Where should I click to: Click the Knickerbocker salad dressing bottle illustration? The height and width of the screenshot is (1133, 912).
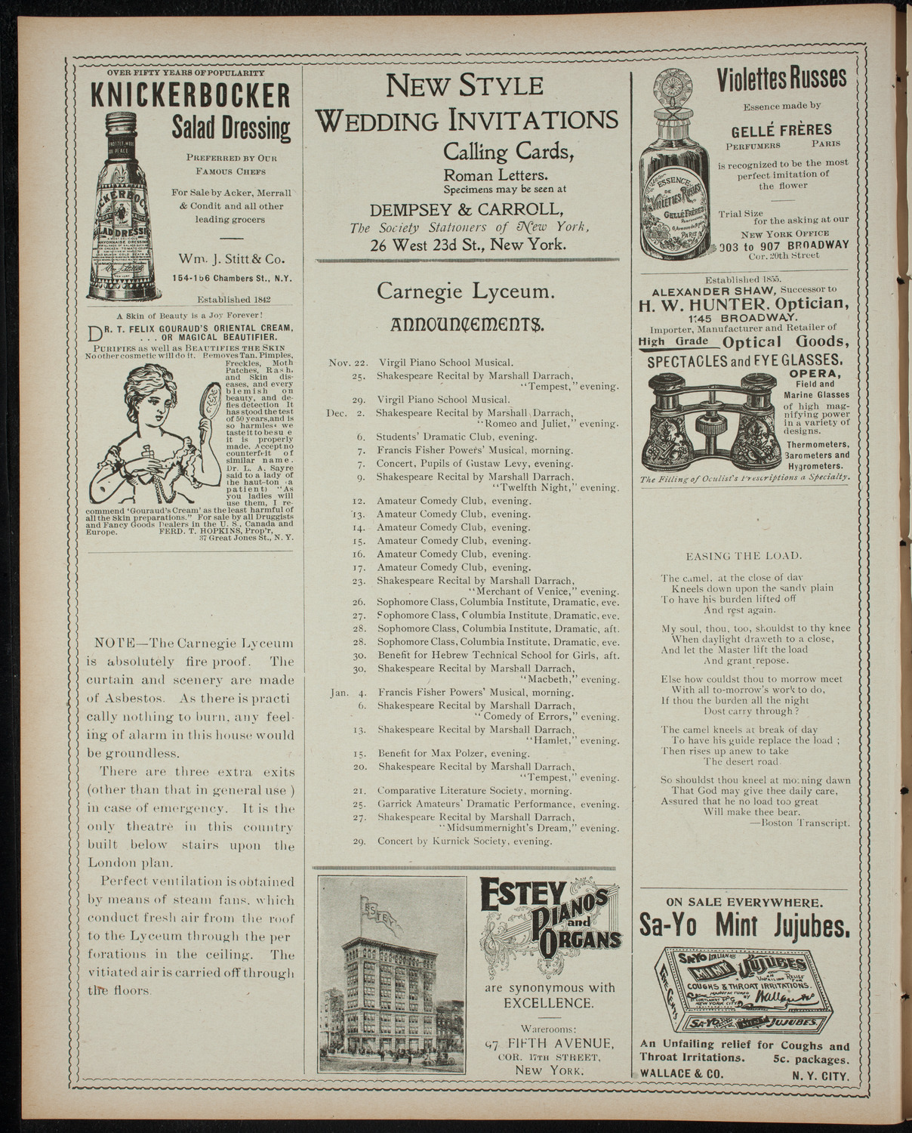(x=125, y=205)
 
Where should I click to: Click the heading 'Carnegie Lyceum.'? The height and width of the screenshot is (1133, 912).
(x=466, y=291)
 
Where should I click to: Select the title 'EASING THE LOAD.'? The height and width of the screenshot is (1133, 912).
(x=743, y=556)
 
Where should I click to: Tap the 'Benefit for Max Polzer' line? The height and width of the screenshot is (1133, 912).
(x=453, y=753)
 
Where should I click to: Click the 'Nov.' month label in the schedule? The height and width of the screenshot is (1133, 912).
(x=339, y=363)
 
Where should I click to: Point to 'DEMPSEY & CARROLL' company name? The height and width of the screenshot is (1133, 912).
(x=465, y=209)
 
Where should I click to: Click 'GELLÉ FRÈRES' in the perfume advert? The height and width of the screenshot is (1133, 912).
(x=784, y=129)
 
